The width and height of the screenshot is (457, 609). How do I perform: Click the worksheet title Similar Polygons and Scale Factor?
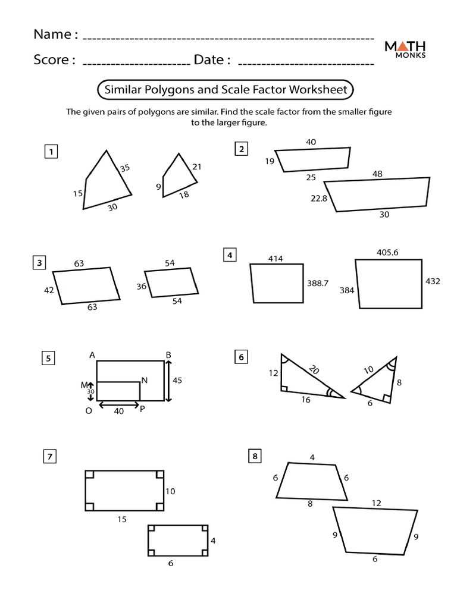point(225,90)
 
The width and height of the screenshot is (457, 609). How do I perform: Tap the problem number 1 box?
point(52,152)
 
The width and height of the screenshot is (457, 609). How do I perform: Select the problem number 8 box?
point(255,457)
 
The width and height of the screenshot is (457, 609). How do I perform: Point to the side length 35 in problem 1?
point(124,168)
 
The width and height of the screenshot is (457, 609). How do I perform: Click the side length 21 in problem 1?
point(197,167)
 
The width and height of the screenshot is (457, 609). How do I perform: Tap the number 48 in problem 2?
point(377,174)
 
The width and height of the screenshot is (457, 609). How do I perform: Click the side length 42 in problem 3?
point(49,290)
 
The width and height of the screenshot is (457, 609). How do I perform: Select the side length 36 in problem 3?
point(142,287)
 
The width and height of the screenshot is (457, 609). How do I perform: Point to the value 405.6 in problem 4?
point(387,252)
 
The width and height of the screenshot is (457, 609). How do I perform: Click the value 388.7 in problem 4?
point(317,284)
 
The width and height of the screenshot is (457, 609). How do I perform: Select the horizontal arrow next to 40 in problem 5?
point(118,405)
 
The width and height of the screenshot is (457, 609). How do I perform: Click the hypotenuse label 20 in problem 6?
point(314,371)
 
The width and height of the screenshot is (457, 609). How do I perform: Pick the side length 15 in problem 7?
point(122,519)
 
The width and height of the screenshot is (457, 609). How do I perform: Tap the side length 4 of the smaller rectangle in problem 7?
point(213,541)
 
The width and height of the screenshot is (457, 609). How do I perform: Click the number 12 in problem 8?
point(376,503)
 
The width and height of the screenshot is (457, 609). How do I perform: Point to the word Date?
point(212,60)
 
